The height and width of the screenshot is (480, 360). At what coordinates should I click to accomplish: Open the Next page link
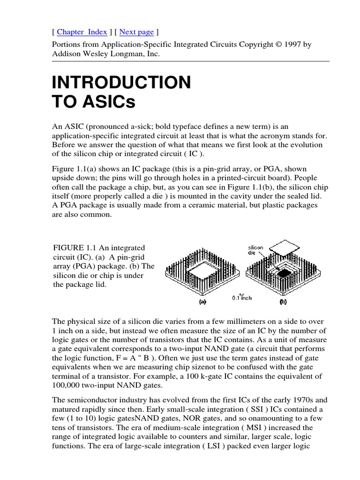(136, 32)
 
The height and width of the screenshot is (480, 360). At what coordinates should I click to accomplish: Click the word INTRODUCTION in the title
(121, 82)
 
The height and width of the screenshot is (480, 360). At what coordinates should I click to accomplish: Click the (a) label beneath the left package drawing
(202, 302)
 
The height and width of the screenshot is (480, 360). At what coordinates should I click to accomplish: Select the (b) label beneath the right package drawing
(283, 302)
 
